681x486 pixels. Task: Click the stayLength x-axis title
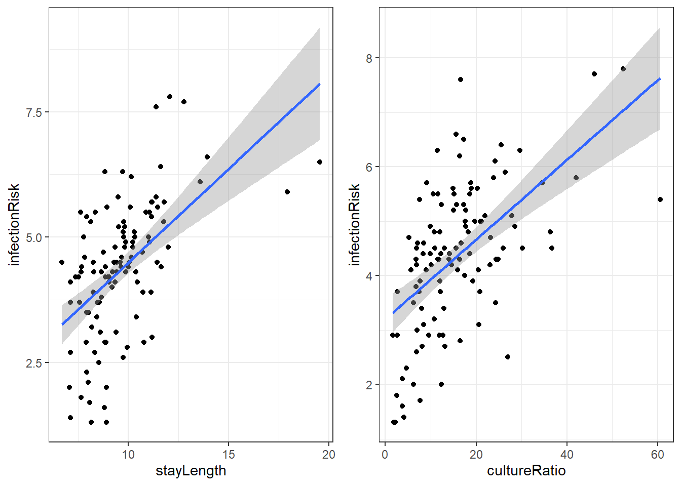tap(191, 471)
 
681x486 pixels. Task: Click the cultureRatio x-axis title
tap(526, 471)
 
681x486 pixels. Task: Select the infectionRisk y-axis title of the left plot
tap(14, 225)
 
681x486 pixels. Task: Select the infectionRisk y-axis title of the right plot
tap(354, 225)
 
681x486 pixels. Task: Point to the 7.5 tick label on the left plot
tap(34, 112)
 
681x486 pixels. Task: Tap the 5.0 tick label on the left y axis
tap(34, 237)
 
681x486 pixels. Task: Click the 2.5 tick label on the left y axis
tap(34, 363)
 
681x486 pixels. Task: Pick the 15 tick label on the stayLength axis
tap(229, 454)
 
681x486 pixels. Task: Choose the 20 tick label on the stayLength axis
tap(328, 454)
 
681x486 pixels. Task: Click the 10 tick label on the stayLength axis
tap(128, 454)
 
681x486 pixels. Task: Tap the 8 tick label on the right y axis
tap(369, 58)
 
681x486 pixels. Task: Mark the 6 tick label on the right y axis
tap(369, 167)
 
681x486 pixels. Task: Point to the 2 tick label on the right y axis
tap(369, 385)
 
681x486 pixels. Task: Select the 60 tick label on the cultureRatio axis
tap(657, 454)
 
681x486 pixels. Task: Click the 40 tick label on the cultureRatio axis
tap(566, 454)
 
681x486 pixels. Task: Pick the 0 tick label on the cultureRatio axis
tap(385, 454)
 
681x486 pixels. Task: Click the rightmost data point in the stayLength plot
tap(320, 162)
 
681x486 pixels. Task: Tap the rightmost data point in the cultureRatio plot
tap(660, 199)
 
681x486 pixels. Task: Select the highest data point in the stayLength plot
tap(170, 97)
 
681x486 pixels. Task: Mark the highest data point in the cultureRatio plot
tap(623, 69)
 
